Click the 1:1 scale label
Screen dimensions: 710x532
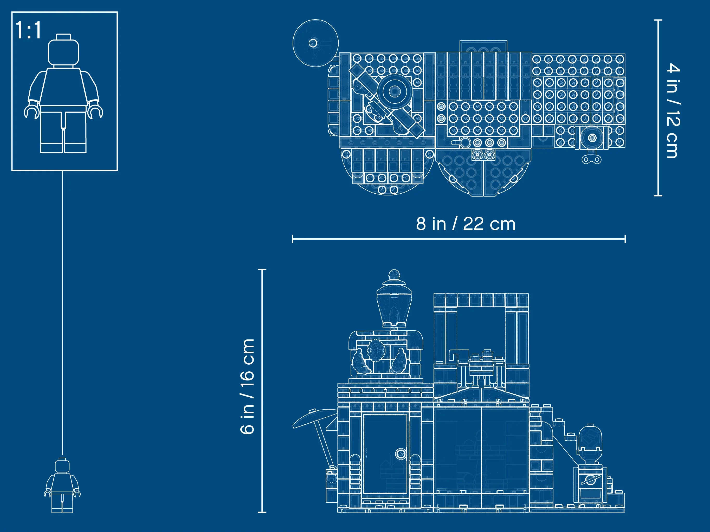(28, 30)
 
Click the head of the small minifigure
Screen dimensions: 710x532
(62, 465)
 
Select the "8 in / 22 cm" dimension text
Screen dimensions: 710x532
(466, 224)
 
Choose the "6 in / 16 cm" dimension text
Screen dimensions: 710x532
(247, 386)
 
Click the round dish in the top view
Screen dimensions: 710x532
(315, 43)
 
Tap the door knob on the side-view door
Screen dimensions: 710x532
(401, 454)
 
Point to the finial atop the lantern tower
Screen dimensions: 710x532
(394, 275)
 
